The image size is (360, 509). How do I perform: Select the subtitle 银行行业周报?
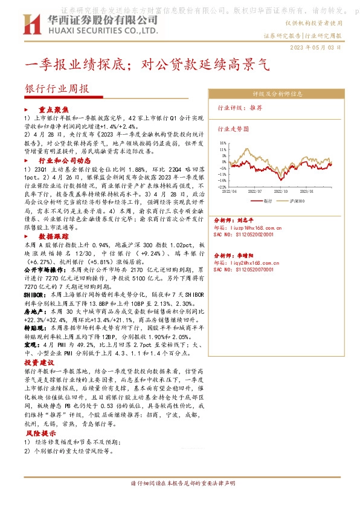coord(57,88)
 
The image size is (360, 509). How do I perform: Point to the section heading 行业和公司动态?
coord(65,161)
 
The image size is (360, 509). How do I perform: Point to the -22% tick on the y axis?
coord(223,187)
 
